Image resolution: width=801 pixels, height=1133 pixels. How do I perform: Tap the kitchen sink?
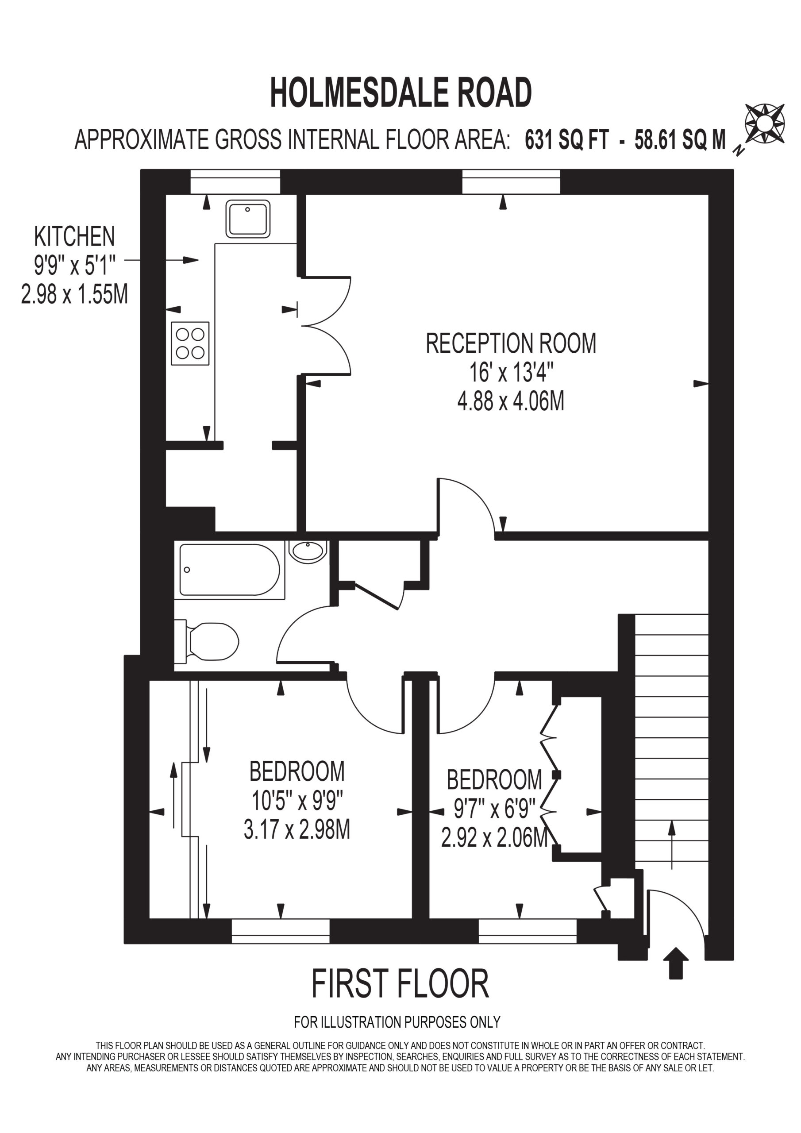point(248,219)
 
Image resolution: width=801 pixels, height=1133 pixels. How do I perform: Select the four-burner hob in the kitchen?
point(190,343)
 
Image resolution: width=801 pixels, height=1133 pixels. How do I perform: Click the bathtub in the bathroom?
point(230,570)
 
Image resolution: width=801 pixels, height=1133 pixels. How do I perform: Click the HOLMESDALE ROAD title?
point(401,92)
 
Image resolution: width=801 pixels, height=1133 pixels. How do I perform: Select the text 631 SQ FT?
point(566,140)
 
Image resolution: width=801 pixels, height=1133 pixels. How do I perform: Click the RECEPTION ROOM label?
point(511,343)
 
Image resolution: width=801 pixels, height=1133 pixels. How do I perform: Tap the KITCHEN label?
point(74,236)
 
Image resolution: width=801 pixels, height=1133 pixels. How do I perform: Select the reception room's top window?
point(511,181)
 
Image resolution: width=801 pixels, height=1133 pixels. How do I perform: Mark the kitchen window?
point(235,181)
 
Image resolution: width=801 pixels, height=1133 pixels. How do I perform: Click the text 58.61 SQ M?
point(680,140)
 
